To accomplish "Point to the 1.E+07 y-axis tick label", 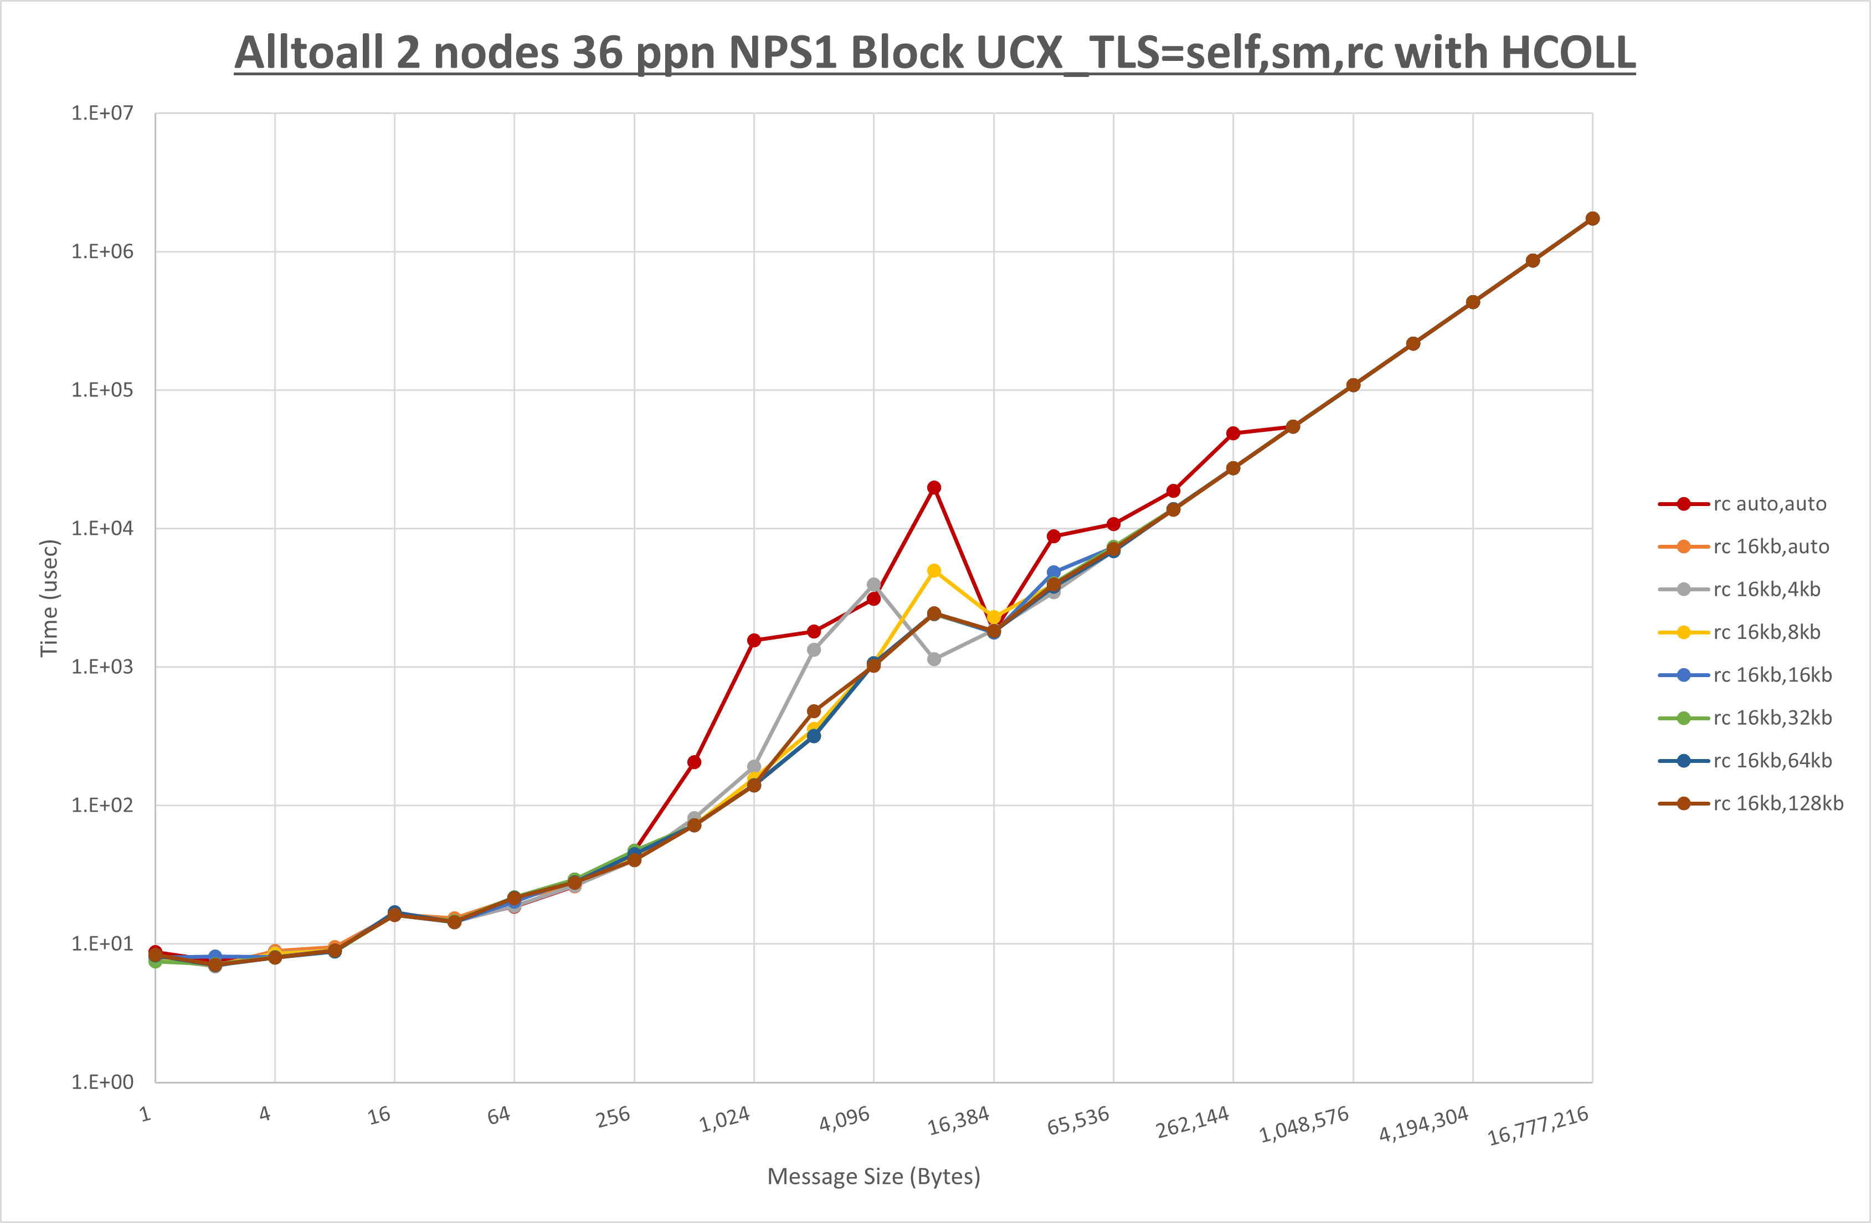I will point(102,113).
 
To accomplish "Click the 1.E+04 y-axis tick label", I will point(102,528).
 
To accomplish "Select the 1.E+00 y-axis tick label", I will point(102,1082).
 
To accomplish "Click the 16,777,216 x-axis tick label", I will point(1538,1126).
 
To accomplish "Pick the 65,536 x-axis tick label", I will point(1078,1121).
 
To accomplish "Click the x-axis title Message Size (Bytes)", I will point(873,1176).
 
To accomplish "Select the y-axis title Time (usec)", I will point(49,597).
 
